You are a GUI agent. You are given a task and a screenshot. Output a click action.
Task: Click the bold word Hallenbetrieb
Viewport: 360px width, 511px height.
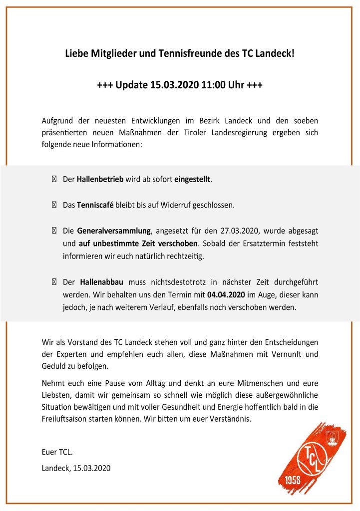100,179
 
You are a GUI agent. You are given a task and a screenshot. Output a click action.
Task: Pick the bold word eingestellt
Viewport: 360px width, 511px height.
193,179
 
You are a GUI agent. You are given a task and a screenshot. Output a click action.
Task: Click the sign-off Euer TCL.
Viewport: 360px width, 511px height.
57,453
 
